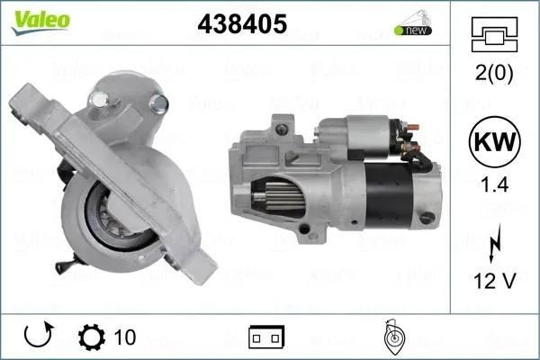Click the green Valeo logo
pos(40,22)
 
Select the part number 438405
pos(242,23)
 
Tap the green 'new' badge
pos(413,31)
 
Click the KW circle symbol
pos(494,141)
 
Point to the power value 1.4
pos(494,185)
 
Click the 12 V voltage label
pos(494,281)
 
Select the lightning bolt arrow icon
pos(494,242)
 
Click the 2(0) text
pos(494,73)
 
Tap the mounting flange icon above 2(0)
pos(494,34)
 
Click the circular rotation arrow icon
pos(38,335)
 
